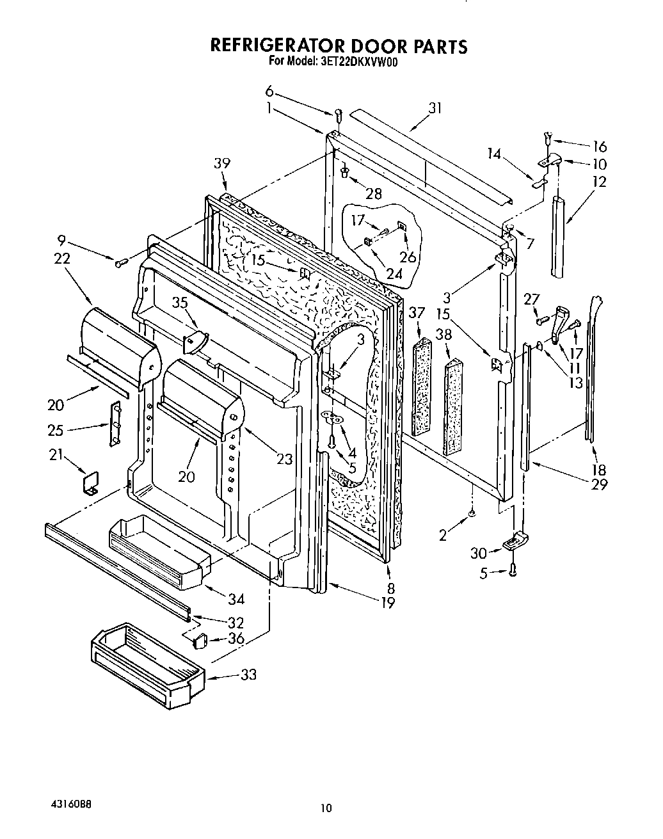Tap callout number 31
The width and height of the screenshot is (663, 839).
[435, 108]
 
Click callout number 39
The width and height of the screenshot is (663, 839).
[223, 164]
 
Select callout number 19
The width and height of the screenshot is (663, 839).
[388, 602]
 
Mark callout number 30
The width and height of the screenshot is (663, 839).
[478, 552]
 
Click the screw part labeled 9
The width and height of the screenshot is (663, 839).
[120, 262]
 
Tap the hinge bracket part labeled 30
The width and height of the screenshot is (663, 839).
[514, 543]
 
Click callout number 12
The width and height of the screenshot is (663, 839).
[599, 182]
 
